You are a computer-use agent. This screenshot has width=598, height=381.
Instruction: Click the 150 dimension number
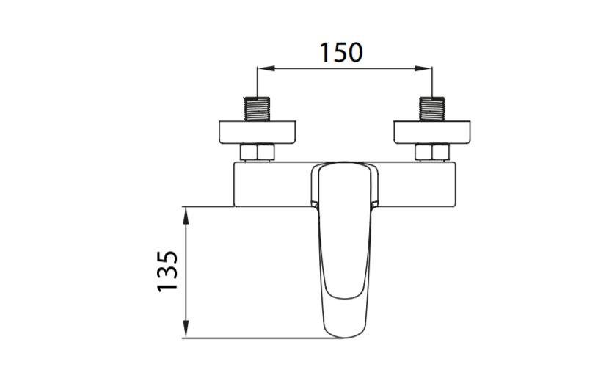pos(341,53)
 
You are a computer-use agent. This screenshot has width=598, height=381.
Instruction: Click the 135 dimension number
pos(167,271)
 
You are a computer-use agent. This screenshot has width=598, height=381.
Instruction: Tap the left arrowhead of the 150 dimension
pos(266,69)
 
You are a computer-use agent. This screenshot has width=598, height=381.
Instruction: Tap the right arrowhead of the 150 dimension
pos(423,69)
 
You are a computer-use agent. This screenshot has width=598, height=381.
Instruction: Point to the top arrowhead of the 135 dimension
pos(186,214)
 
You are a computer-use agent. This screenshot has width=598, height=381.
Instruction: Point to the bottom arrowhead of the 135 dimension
pos(186,330)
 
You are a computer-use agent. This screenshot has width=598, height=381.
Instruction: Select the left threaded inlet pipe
pos(257,109)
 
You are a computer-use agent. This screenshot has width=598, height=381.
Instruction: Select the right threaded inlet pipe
pos(432,109)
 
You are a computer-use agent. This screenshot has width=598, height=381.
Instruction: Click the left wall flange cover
pos(258,132)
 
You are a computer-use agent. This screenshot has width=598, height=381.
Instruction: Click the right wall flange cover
pos(432,132)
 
